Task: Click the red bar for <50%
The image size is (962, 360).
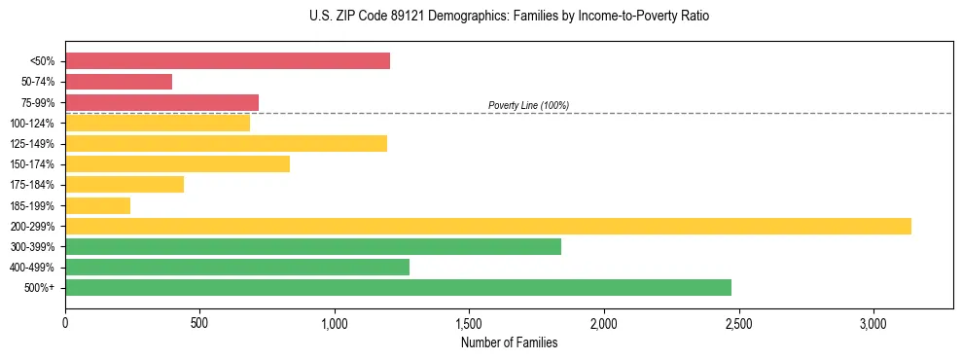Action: tap(228, 61)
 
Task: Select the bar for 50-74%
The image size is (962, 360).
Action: tap(119, 82)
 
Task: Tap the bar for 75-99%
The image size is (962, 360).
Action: tap(161, 102)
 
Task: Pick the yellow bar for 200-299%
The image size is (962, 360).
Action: tap(488, 226)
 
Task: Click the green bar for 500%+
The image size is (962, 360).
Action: tap(398, 287)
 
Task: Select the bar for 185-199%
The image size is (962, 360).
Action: tap(97, 205)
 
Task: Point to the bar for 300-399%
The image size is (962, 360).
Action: tap(313, 246)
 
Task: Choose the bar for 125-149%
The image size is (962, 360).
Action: tap(226, 144)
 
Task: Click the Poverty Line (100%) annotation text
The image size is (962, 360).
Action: tap(528, 105)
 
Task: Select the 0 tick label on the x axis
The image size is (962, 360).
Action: tap(65, 322)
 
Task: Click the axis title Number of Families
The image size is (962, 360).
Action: tap(509, 342)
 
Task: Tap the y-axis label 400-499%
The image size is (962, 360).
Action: tap(32, 268)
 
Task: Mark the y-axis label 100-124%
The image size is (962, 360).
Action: tap(32, 124)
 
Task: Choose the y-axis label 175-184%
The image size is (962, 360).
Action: tap(32, 185)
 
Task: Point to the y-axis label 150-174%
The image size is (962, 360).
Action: tap(32, 164)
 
